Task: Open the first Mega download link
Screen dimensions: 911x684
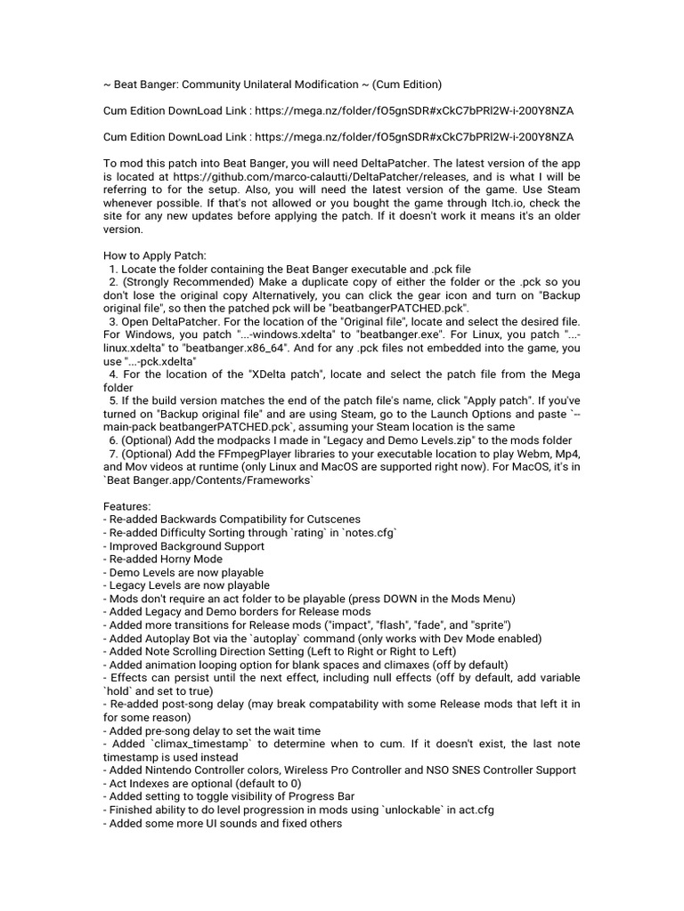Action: pyautogui.click(x=415, y=111)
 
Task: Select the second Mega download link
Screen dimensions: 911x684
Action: pyautogui.click(x=415, y=137)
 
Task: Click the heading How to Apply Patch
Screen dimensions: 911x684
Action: pyautogui.click(x=155, y=255)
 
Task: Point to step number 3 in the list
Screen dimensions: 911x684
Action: pyautogui.click(x=113, y=320)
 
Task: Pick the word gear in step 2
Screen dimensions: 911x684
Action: pyautogui.click(x=457, y=294)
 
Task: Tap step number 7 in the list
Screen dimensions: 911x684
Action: pyautogui.click(x=113, y=454)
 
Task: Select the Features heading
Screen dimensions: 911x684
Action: pyautogui.click(x=127, y=505)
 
